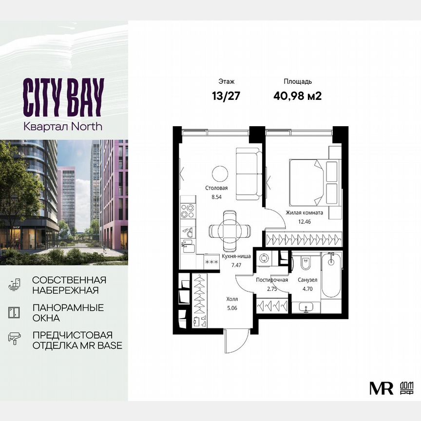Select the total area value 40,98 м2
[298, 95]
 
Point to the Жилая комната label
[304, 213]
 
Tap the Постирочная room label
[270, 280]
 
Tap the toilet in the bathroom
[306, 264]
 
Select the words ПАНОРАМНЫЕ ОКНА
[68, 313]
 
